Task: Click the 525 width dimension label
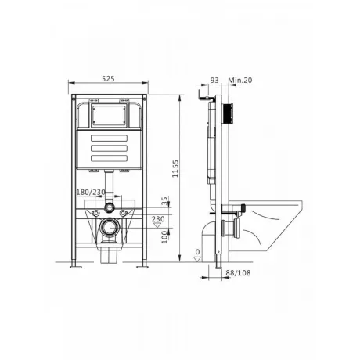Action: point(108,78)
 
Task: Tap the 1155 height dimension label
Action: point(175,168)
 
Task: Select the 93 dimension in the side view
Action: point(214,80)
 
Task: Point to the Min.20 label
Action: point(240,80)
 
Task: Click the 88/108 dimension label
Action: point(238,273)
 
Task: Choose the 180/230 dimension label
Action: point(91,193)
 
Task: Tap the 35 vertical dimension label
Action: point(164,201)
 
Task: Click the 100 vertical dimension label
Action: point(164,237)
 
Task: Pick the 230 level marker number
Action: point(158,219)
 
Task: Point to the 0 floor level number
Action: point(197,252)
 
